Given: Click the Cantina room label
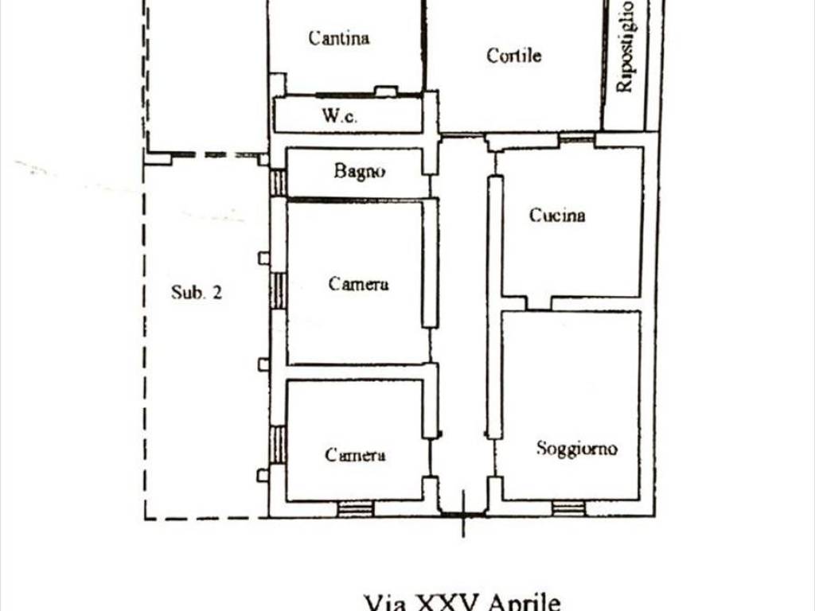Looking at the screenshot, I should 339,37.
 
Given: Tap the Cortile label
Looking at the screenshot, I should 514,55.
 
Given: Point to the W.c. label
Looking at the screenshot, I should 340,115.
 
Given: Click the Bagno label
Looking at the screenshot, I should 360,171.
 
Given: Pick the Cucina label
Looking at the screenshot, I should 557,215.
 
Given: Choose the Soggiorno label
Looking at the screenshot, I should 576,449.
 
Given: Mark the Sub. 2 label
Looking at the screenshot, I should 197,292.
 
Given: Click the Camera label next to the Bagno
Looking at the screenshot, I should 358,284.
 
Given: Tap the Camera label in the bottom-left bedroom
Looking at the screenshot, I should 355,455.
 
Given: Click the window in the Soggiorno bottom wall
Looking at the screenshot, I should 568,508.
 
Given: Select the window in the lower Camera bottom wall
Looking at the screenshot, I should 354,508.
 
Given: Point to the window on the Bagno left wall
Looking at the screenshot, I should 278,183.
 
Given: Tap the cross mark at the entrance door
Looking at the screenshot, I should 463,514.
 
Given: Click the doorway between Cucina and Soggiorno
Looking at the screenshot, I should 538,304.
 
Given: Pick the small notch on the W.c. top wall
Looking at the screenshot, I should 386,91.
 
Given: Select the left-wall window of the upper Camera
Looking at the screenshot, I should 278,291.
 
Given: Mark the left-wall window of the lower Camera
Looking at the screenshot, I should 278,445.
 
